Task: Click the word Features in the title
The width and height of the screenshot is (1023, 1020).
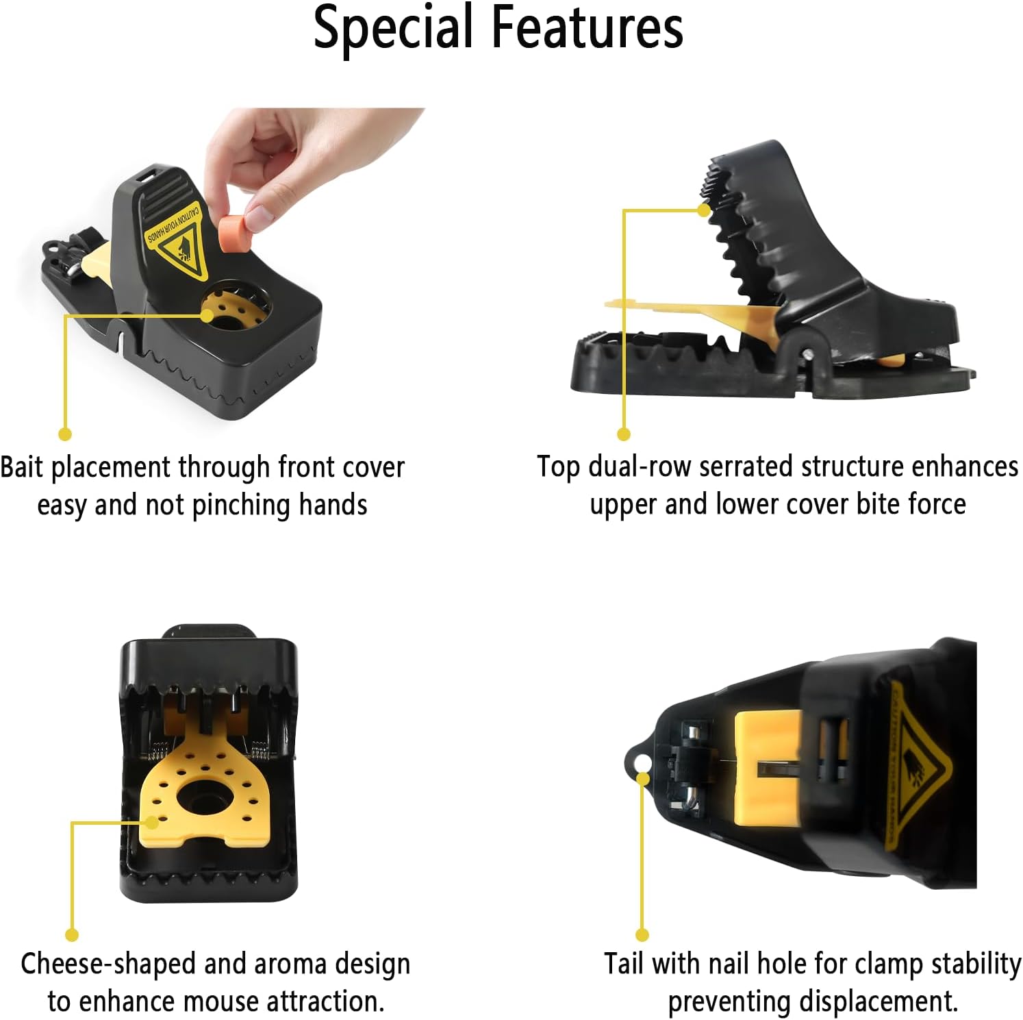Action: click(588, 27)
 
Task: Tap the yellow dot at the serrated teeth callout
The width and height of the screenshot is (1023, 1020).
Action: click(704, 210)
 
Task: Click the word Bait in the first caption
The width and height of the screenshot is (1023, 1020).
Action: click(21, 467)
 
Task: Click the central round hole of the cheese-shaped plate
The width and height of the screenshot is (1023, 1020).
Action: click(204, 797)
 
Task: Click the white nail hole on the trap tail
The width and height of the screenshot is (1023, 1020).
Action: click(642, 763)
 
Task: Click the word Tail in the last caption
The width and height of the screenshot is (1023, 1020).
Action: click(624, 964)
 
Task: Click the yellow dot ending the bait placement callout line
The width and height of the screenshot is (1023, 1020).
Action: click(65, 434)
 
